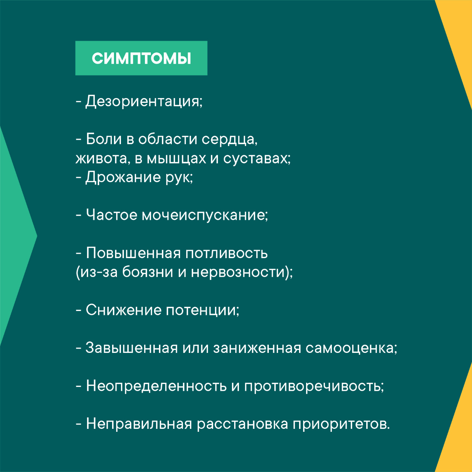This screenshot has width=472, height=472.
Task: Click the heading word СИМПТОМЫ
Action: (x=141, y=59)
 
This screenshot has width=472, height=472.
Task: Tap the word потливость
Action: (x=226, y=253)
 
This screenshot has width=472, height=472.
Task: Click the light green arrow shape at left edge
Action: (x=15, y=236)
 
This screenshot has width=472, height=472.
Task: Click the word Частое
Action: (x=111, y=215)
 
